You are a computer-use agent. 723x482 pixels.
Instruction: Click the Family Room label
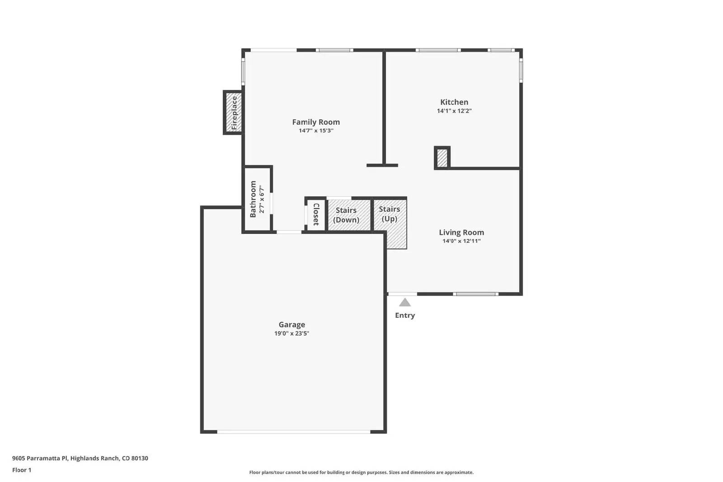tap(316, 122)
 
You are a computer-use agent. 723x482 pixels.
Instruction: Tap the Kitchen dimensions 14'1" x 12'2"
tap(454, 111)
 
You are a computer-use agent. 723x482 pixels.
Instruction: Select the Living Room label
tap(461, 232)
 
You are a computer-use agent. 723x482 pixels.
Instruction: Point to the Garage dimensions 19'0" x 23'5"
tap(291, 333)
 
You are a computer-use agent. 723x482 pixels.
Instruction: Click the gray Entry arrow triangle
tap(405, 303)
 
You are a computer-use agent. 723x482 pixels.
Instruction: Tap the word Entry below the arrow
tap(405, 315)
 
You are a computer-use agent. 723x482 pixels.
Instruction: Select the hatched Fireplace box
tap(233, 112)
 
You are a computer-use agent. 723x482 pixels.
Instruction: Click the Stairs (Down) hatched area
tap(349, 215)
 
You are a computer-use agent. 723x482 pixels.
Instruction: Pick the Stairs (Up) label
tap(389, 214)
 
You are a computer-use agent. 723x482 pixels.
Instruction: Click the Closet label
tap(316, 214)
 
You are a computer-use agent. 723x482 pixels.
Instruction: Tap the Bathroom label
tap(253, 199)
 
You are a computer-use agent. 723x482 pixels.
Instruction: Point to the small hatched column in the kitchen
tap(442, 158)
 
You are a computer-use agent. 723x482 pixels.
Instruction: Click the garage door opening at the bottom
tap(293, 431)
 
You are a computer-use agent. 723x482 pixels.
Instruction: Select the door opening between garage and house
tap(289, 232)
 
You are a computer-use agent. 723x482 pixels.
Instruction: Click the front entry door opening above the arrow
tap(402, 294)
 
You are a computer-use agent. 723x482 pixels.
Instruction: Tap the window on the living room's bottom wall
tap(475, 294)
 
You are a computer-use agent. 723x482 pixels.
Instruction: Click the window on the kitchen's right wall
tap(521, 70)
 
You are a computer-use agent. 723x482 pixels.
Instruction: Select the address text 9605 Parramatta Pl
tap(40, 458)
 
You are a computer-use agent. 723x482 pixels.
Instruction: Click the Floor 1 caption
tap(22, 470)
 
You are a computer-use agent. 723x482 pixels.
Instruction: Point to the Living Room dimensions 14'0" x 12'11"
tap(461, 241)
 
